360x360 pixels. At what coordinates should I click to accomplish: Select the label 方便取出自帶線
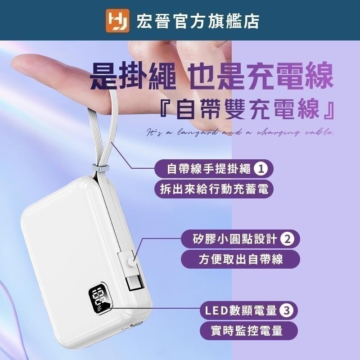pyautogui.click(x=233, y=259)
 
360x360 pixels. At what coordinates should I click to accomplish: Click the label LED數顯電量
pyautogui.click(x=238, y=310)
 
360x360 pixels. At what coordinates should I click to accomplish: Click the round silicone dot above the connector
pyautogui.click(x=131, y=261)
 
